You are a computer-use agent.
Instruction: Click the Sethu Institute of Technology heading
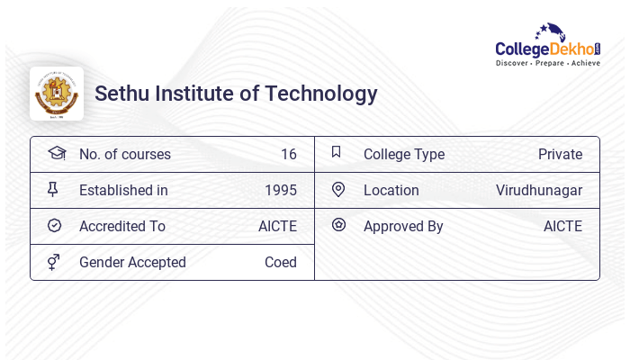(x=236, y=94)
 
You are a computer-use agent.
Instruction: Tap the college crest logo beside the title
(x=57, y=94)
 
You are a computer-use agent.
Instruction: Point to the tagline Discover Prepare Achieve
(x=548, y=64)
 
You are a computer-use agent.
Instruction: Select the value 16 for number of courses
(x=288, y=154)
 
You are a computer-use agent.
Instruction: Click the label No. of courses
(x=125, y=154)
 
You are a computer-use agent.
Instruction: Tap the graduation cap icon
(x=56, y=153)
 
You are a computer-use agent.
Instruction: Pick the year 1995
(x=281, y=190)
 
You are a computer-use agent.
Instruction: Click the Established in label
(x=123, y=190)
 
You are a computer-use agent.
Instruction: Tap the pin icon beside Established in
(x=53, y=189)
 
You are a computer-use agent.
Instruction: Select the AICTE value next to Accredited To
(x=277, y=226)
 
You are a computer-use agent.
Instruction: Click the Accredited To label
(x=122, y=226)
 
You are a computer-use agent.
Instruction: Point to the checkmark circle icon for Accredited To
(x=54, y=226)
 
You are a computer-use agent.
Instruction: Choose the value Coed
(x=281, y=262)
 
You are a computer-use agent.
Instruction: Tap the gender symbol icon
(x=54, y=262)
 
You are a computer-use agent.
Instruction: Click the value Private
(x=560, y=154)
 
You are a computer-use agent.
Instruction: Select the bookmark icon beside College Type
(x=337, y=152)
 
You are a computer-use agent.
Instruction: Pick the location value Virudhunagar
(x=539, y=190)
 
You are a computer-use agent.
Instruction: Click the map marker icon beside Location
(x=338, y=189)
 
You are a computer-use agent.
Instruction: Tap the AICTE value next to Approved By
(x=562, y=226)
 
